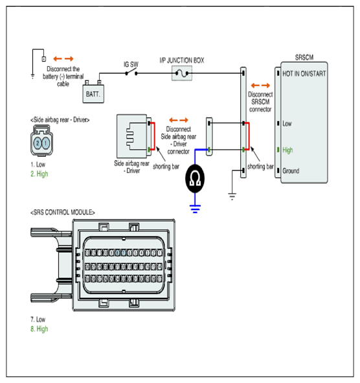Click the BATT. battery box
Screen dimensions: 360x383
coord(93,93)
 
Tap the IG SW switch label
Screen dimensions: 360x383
coord(131,65)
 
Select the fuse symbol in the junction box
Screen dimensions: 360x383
coord(182,73)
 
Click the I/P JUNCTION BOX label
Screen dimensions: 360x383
coord(182,60)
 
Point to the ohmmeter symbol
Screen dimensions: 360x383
coord(195,179)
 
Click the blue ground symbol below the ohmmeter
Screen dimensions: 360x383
coord(195,209)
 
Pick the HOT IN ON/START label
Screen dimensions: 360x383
coord(304,73)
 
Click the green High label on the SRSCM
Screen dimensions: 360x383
coord(287,150)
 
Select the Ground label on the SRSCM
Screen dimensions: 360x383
coord(291,170)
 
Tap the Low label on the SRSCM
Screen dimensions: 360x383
coord(287,124)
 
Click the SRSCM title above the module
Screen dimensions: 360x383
coord(304,58)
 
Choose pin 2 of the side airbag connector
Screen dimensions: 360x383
coord(38,143)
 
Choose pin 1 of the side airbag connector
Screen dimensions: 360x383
coord(46,143)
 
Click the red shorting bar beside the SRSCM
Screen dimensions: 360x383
coord(249,136)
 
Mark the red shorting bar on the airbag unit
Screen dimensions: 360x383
coord(154,136)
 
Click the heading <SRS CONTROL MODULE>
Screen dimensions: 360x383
coord(62,213)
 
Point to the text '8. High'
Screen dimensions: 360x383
coord(39,329)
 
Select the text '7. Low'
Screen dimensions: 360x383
coord(38,319)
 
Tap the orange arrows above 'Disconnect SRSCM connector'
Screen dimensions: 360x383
coord(260,86)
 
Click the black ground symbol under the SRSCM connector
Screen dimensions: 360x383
coord(232,196)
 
